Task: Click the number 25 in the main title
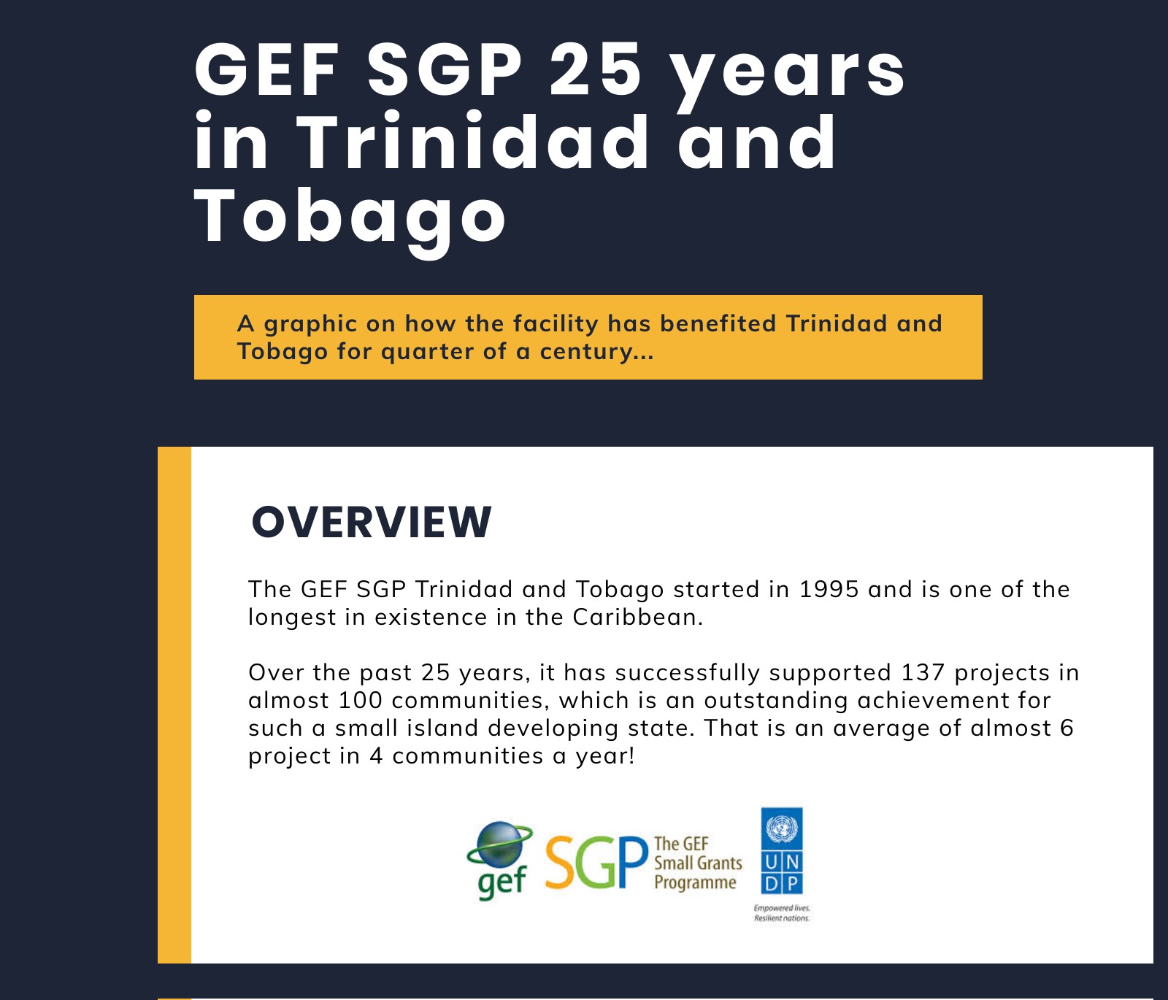(595, 70)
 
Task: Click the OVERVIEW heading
(372, 522)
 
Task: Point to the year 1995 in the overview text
(829, 589)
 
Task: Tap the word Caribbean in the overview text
(637, 617)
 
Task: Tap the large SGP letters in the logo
(596, 863)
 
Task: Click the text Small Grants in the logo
(698, 863)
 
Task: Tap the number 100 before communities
(361, 700)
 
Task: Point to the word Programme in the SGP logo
(695, 882)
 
